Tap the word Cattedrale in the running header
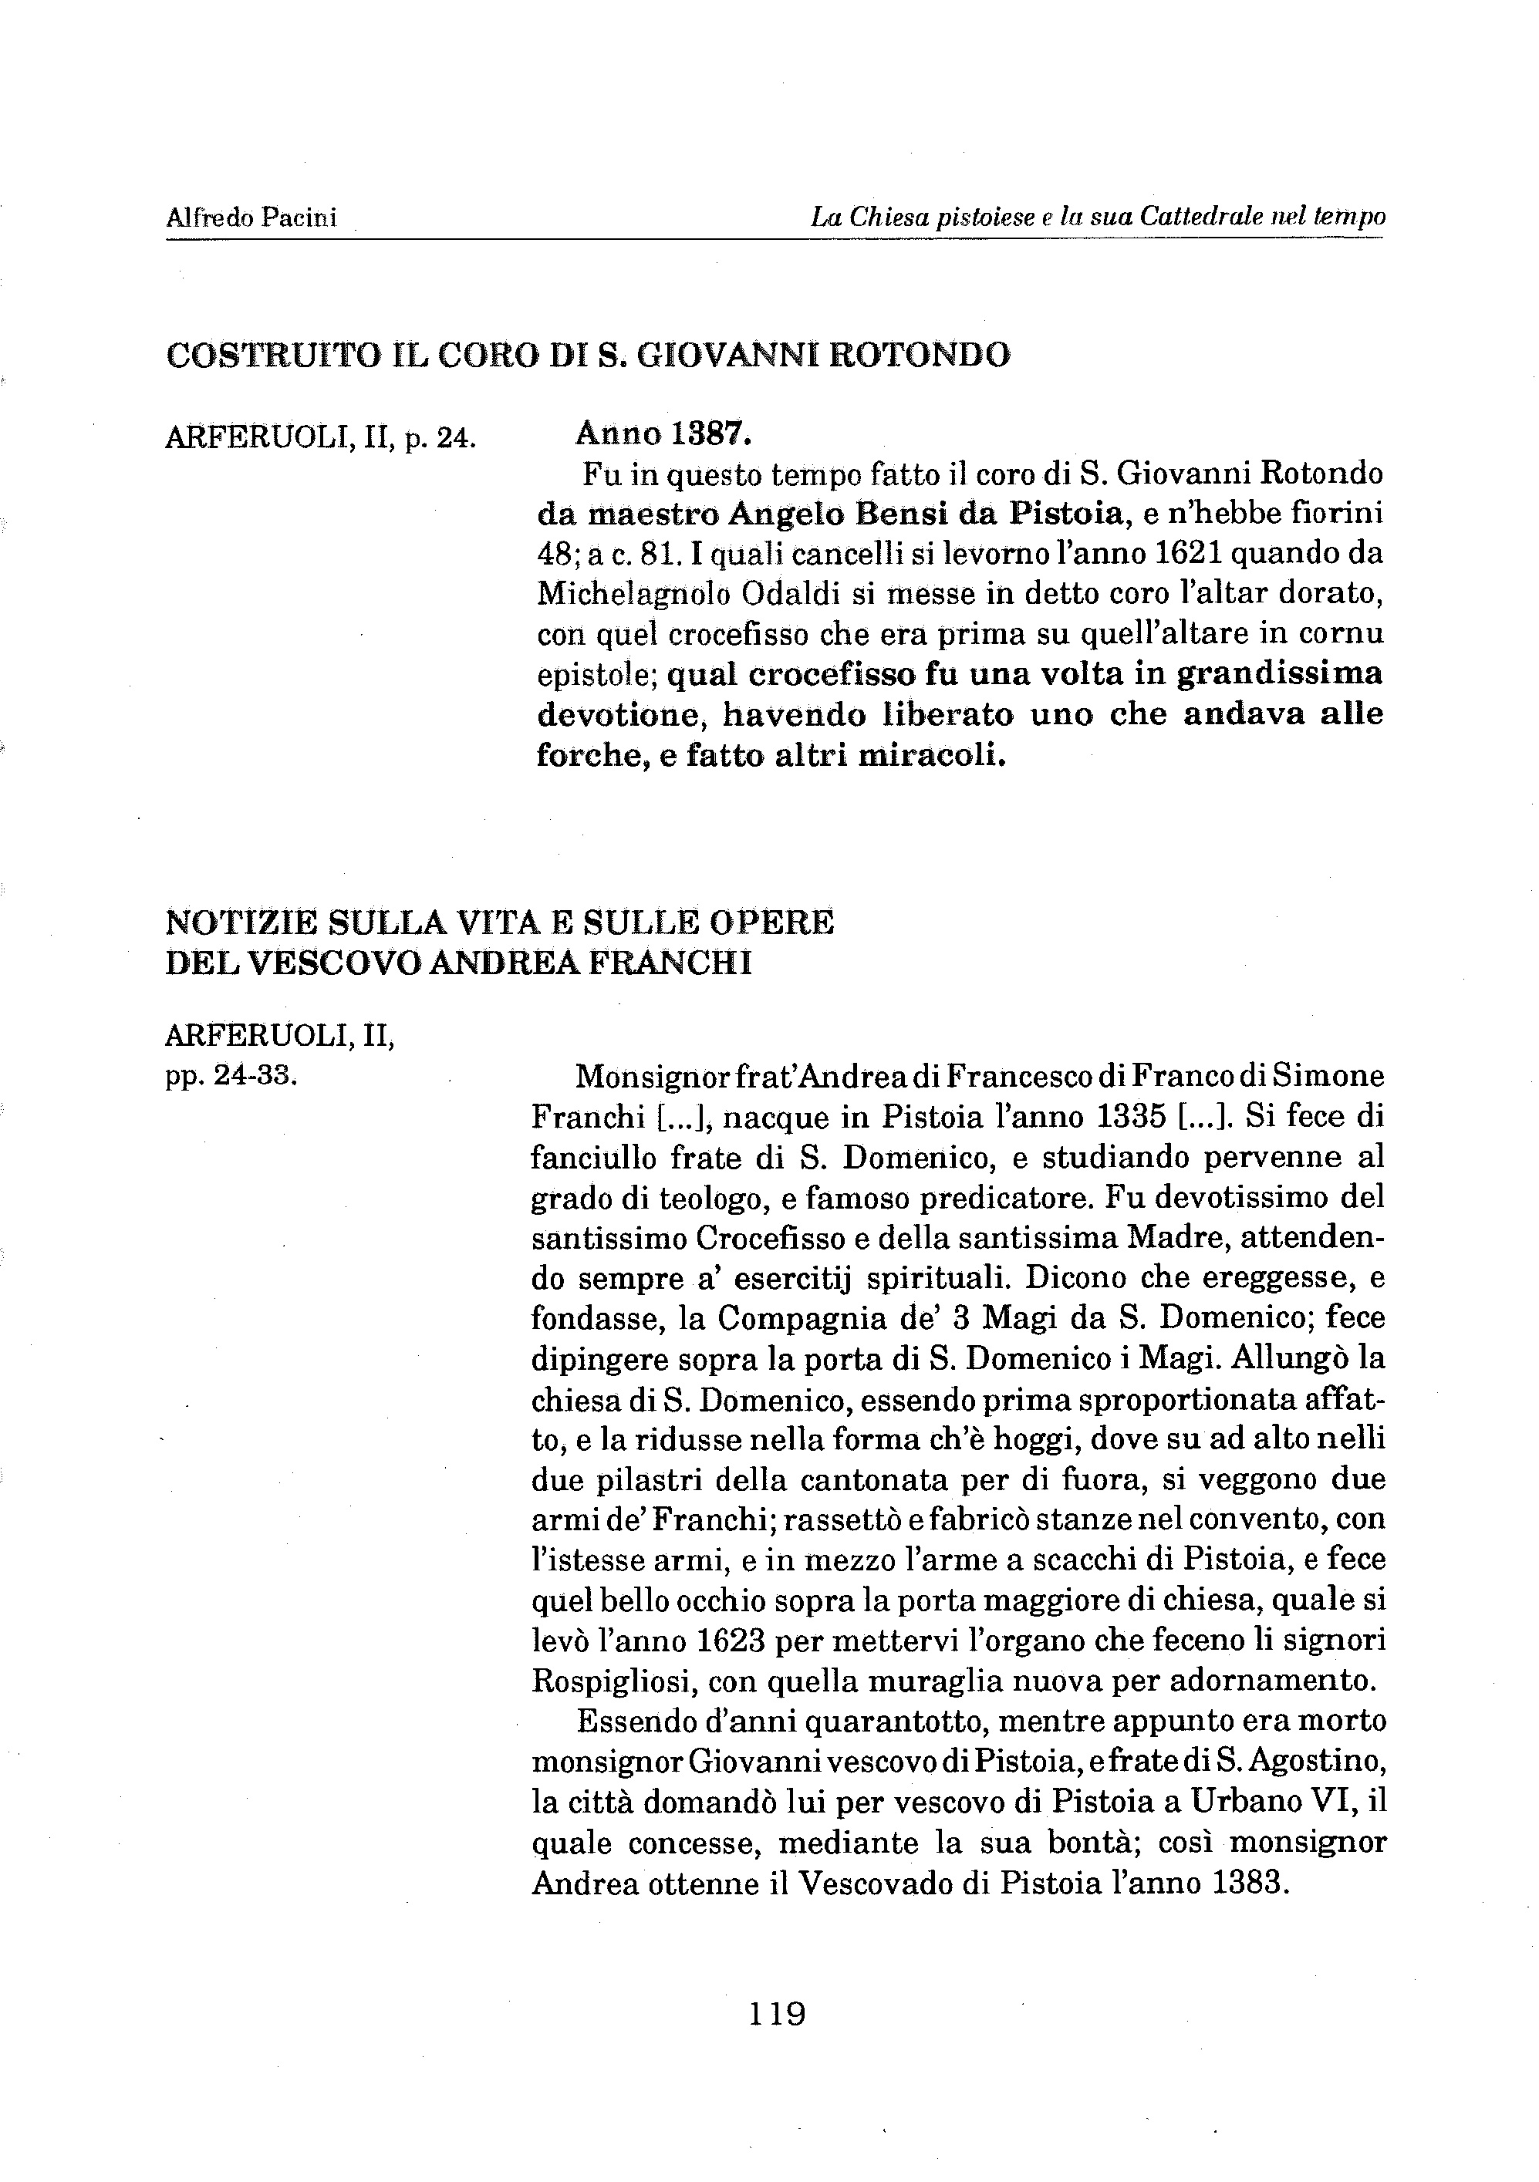click(x=1193, y=218)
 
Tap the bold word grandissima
click(x=1278, y=674)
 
